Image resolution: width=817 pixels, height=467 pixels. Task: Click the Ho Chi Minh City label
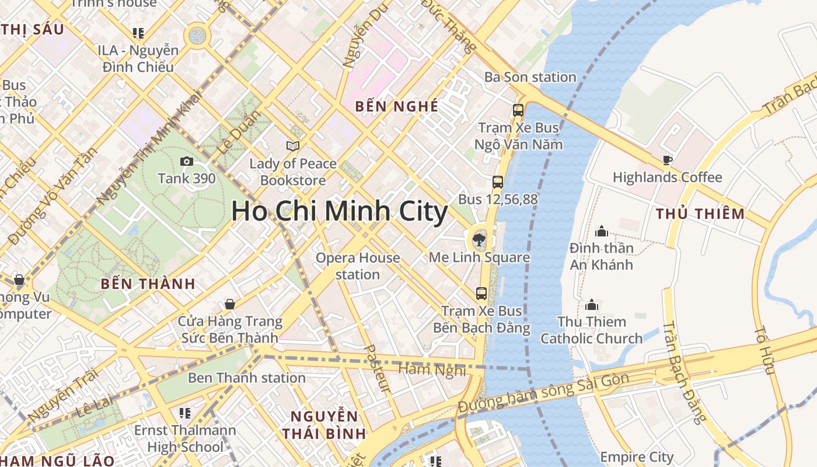[x=340, y=211]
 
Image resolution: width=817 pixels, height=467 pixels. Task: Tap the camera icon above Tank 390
[x=187, y=162]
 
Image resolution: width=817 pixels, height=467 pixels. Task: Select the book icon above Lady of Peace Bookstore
[x=293, y=146]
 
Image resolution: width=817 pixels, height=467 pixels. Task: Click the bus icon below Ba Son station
[x=518, y=110]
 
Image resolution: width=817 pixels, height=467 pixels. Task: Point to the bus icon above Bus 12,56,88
[x=497, y=182]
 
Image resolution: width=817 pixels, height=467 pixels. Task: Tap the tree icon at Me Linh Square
[x=479, y=238]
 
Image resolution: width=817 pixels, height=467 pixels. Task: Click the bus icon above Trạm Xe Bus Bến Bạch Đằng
[x=481, y=294]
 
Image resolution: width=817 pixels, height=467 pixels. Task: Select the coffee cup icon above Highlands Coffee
[x=668, y=160]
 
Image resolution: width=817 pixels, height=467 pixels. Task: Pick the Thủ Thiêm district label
[x=700, y=214]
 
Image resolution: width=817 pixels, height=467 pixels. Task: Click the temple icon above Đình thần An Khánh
[x=602, y=231]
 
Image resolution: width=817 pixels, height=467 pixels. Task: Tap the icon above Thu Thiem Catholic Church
[x=592, y=305]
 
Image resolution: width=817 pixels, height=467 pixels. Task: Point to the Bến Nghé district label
[x=397, y=106]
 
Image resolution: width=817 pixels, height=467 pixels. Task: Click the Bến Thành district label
[x=148, y=284]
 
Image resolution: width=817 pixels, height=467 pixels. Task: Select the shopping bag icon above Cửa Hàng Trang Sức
[x=230, y=304]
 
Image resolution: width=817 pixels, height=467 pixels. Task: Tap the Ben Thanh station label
[x=247, y=378]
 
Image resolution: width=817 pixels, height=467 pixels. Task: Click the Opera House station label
[x=358, y=266]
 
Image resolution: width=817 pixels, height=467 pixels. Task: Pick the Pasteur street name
[x=377, y=368]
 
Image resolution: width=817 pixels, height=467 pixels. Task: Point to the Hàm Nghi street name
[x=432, y=369]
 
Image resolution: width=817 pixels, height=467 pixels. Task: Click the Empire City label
[x=637, y=456]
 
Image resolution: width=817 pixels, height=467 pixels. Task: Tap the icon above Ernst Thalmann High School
[x=185, y=413]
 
